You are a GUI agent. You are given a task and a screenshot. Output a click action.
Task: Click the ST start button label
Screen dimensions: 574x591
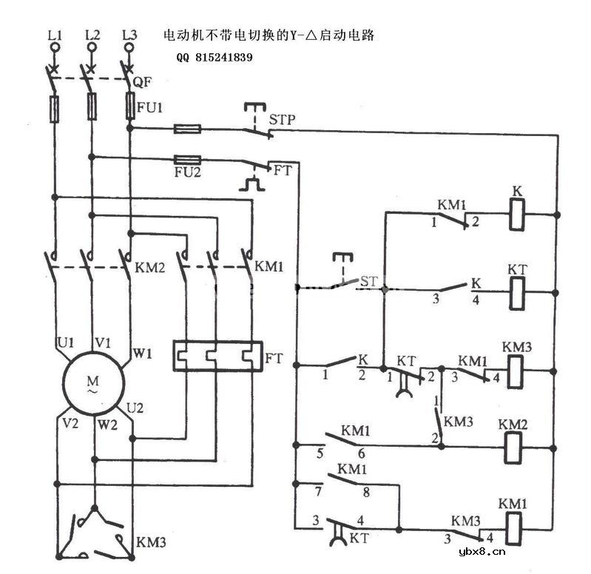(368, 281)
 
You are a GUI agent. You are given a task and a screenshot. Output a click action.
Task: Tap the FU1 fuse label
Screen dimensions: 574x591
(149, 107)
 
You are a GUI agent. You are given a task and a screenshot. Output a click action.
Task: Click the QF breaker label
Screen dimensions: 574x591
(143, 83)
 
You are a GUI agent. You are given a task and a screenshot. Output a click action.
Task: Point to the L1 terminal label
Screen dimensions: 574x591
(55, 35)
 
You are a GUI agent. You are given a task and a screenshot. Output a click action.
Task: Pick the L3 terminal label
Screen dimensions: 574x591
(129, 35)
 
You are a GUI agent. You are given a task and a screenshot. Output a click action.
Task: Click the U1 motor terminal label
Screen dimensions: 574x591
(66, 342)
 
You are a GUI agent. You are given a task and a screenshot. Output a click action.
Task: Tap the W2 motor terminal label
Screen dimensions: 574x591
(107, 425)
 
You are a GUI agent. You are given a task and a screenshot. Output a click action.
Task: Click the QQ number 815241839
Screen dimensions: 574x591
(215, 58)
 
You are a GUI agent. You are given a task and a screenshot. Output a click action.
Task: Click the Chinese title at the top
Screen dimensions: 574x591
(274, 35)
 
